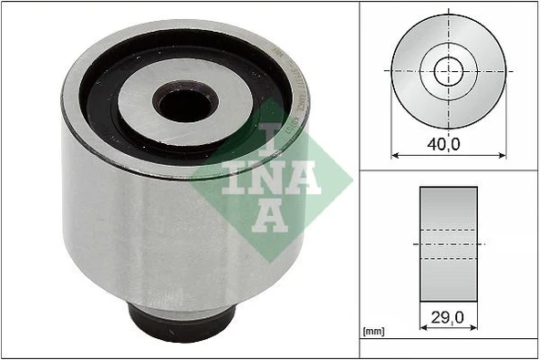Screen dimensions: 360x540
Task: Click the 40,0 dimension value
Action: [448, 144]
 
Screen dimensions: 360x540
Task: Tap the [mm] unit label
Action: [373, 332]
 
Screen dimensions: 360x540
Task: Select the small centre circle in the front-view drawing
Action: [449, 70]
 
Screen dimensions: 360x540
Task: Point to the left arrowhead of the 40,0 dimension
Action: [395, 155]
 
